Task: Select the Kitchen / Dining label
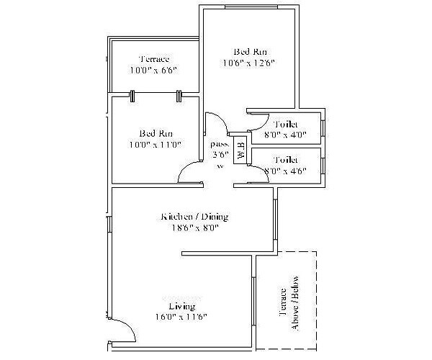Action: pos(189,217)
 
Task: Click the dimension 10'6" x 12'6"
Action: pos(248,63)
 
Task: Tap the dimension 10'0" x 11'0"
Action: pos(156,144)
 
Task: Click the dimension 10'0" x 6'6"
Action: pos(154,71)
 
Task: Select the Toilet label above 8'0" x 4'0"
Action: pos(286,125)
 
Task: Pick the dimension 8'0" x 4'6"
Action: pos(286,171)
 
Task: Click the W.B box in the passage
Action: pos(240,152)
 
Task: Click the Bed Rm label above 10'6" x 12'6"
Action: pos(248,52)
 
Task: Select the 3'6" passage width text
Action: pos(220,153)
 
